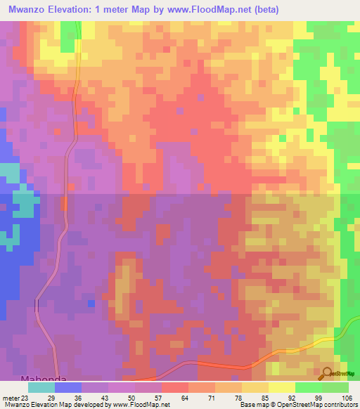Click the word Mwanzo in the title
(30, 10)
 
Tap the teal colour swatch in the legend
(41, 387)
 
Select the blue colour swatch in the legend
(67, 387)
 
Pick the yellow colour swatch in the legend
(281, 387)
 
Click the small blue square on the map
(91, 303)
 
